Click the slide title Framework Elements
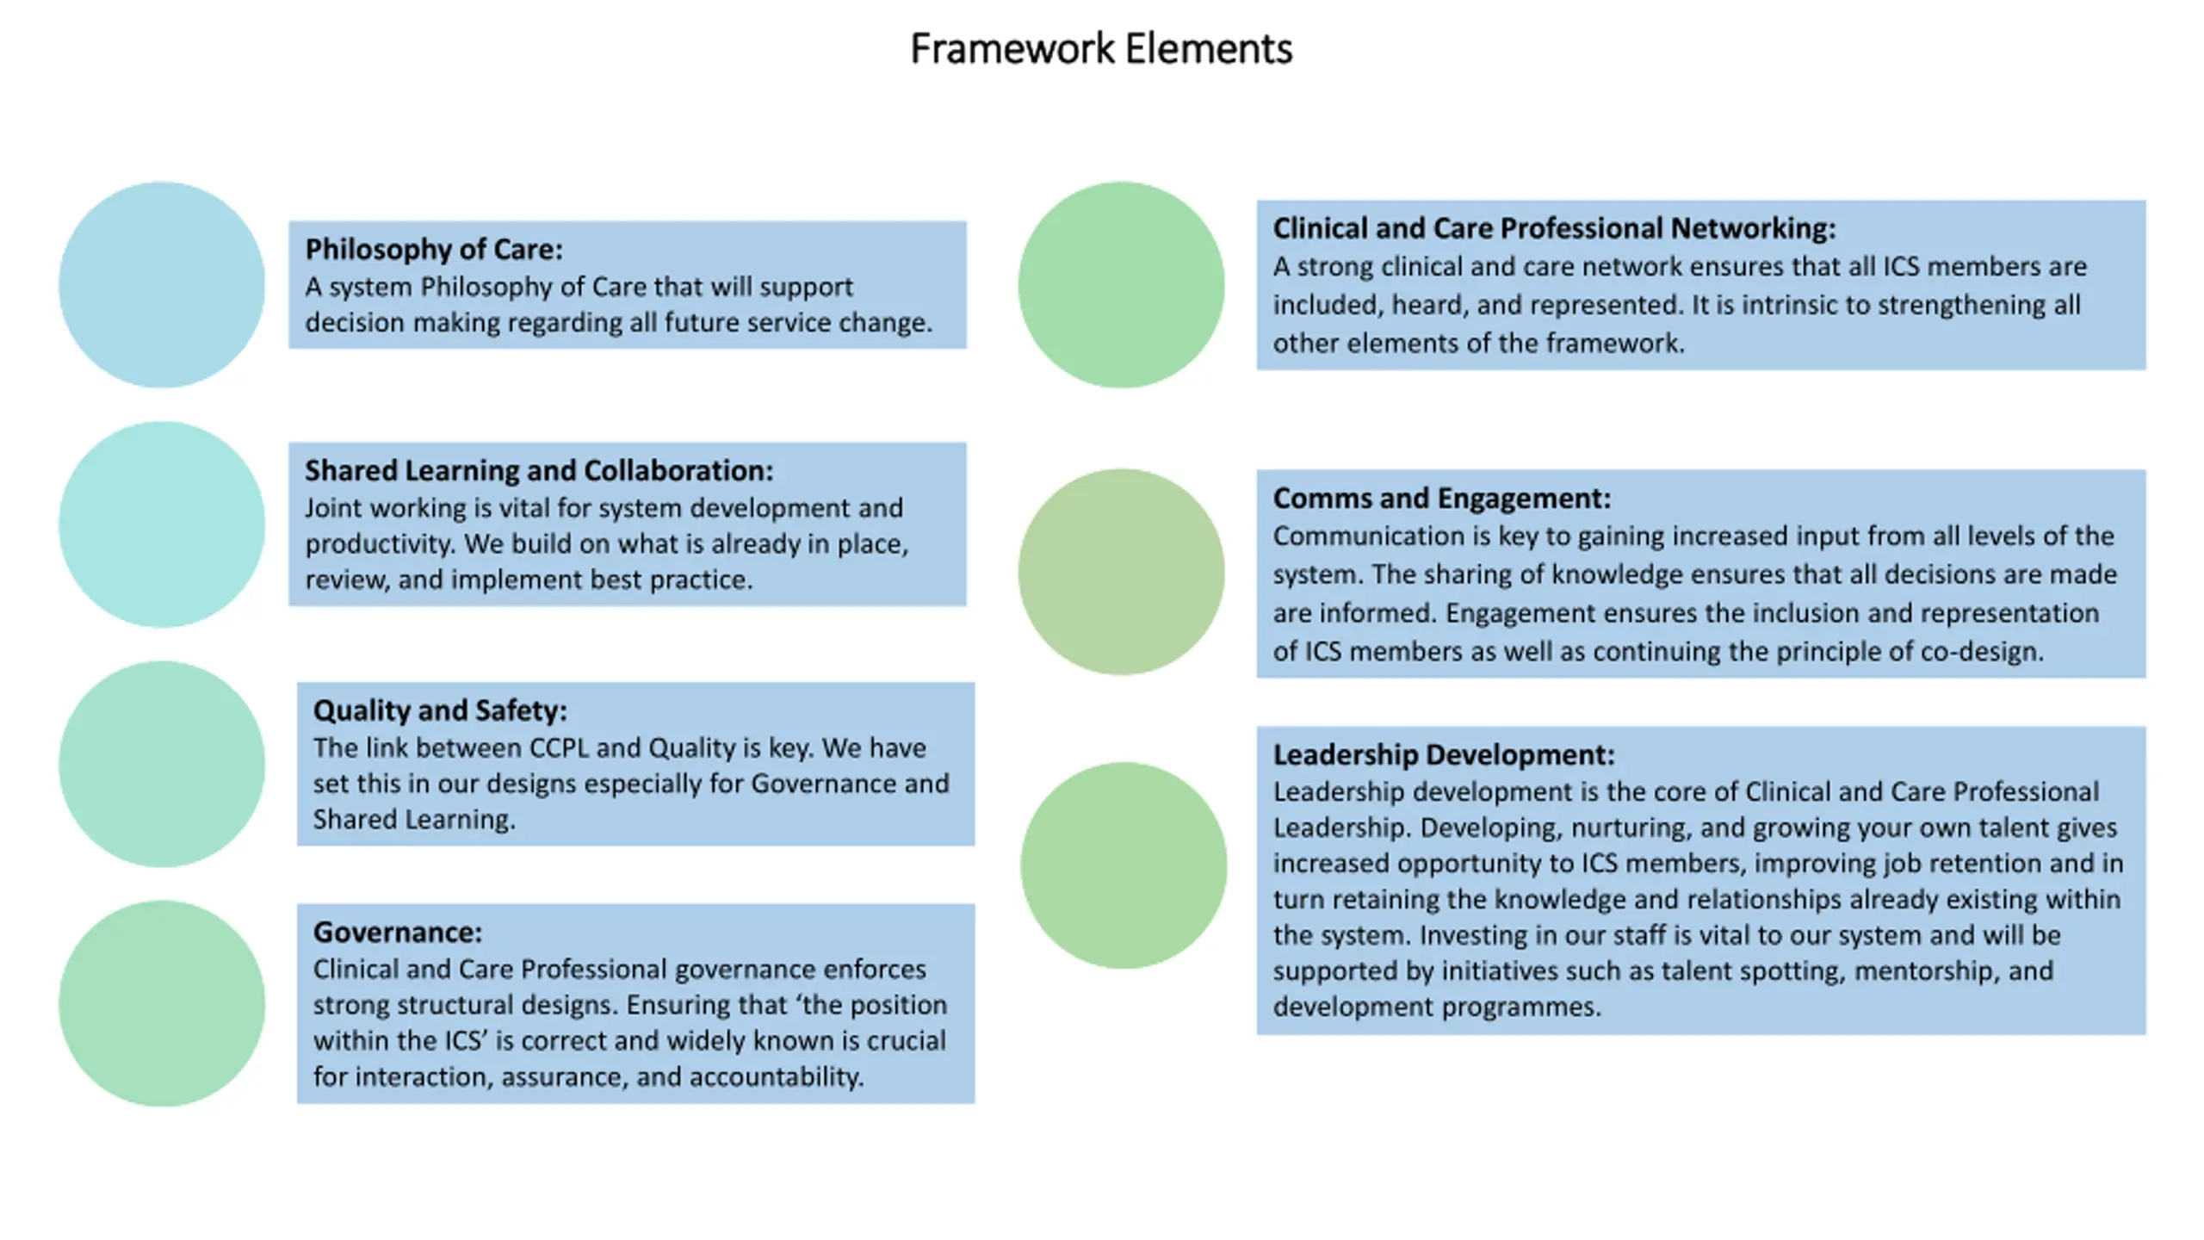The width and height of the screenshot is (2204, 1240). pos(1101,48)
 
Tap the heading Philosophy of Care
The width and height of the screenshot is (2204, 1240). pos(434,249)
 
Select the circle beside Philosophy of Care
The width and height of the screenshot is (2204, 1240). pos(162,284)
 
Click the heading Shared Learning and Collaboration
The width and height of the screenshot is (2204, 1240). pos(539,470)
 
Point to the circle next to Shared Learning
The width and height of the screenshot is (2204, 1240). pos(162,524)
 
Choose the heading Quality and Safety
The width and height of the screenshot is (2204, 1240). pos(440,710)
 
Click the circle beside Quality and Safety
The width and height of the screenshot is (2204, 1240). pos(162,764)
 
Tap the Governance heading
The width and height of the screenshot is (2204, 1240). pos(398,932)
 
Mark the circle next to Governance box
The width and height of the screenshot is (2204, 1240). pos(162,1003)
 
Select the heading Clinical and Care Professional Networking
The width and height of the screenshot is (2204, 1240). pos(1555,228)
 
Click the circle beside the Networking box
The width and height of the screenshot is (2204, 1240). pos(1121,284)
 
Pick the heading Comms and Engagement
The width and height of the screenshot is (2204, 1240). pos(1442,498)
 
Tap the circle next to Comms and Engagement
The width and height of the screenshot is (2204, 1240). pos(1121,572)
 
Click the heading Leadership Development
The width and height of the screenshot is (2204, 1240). pos(1444,754)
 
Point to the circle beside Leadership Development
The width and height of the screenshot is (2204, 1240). pos(1124,865)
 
